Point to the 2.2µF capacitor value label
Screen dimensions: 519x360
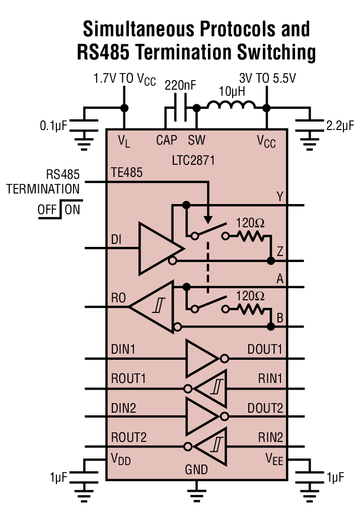click(x=340, y=125)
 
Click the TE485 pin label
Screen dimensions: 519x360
click(x=126, y=173)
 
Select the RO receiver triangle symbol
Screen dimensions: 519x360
click(x=154, y=307)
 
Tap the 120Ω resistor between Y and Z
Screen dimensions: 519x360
click(x=251, y=235)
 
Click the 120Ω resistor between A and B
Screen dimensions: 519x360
click(x=251, y=308)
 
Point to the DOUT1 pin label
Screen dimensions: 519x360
click(x=265, y=349)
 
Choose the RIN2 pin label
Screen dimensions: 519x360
click(x=270, y=437)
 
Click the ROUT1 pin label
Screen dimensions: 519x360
click(x=128, y=378)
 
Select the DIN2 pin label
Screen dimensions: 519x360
click(x=124, y=408)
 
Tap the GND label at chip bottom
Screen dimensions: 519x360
click(x=196, y=470)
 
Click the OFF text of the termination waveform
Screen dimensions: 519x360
click(x=47, y=209)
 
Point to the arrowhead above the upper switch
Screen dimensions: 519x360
click(x=207, y=220)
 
